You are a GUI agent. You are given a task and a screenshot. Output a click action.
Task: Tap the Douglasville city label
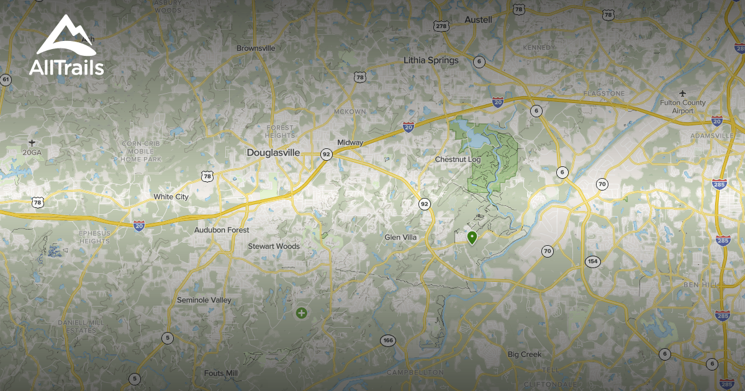click(273, 153)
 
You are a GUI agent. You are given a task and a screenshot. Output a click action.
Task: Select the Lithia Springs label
click(431, 60)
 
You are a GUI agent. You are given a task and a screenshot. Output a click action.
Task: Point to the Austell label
click(478, 20)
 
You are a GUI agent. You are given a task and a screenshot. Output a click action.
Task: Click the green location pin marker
click(472, 237)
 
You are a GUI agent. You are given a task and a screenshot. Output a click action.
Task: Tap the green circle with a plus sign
click(301, 313)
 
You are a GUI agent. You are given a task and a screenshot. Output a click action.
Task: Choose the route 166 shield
click(388, 340)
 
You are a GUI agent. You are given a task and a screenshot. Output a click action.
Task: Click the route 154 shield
click(593, 261)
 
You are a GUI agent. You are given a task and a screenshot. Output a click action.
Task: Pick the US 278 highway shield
click(441, 25)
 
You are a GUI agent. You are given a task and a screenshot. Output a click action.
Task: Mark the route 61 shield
click(6, 79)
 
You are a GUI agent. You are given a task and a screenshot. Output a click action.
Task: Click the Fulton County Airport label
click(683, 107)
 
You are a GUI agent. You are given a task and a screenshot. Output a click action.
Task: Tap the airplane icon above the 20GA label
click(32, 142)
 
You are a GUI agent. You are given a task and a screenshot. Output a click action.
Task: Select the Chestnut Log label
click(458, 160)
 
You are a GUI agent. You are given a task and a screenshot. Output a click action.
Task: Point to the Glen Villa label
click(400, 238)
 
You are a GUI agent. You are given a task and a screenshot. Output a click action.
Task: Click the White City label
click(171, 197)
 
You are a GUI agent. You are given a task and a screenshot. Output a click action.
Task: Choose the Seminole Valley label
click(204, 300)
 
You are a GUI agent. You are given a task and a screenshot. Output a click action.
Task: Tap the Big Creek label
click(525, 354)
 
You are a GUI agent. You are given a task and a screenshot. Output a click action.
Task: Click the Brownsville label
click(256, 48)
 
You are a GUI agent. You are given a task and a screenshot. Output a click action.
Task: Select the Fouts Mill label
click(220, 373)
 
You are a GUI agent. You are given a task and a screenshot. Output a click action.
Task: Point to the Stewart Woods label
click(274, 246)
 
